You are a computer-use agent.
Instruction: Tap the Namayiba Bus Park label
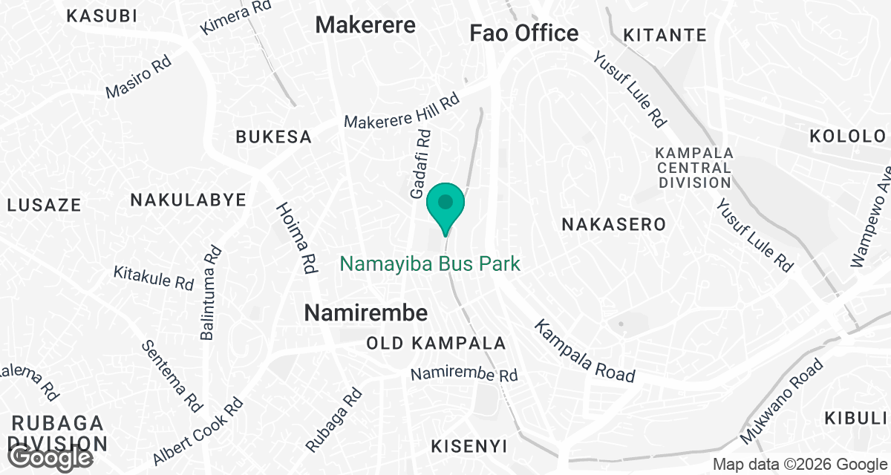point(430,263)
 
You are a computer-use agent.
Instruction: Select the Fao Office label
point(524,33)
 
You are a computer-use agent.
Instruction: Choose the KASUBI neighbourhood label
point(102,15)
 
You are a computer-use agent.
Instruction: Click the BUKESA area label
point(273,137)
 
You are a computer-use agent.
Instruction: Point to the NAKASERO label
point(613,223)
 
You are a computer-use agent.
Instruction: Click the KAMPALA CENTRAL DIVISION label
point(693,167)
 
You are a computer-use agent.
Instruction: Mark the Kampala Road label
point(586,351)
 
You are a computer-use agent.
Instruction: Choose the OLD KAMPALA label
point(437,344)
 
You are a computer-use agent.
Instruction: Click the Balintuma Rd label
point(210,292)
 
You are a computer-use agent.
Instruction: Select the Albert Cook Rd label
point(198,430)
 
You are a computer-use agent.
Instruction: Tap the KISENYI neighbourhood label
point(469,446)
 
